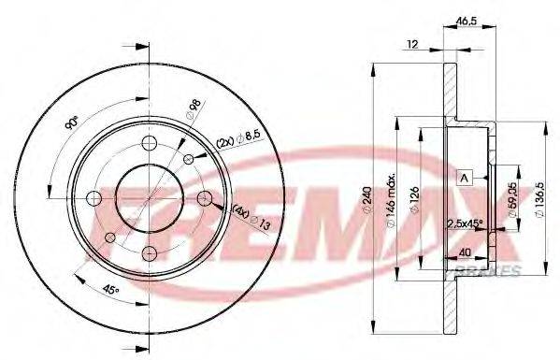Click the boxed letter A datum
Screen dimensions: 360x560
(465, 177)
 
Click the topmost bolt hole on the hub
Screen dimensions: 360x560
(149, 143)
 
